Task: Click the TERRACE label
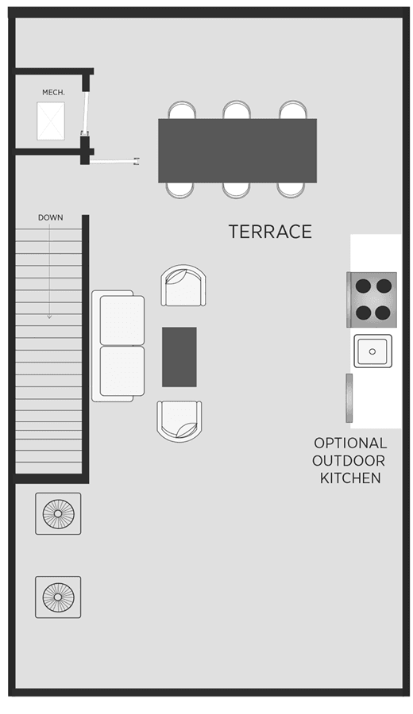[270, 232]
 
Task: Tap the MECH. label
[53, 93]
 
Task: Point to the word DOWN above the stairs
[51, 217]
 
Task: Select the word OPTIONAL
[350, 443]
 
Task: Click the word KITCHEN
[350, 478]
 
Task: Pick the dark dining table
[237, 151]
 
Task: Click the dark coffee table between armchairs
[179, 357]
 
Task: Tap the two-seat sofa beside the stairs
[118, 346]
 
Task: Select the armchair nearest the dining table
[183, 286]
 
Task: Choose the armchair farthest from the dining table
[179, 420]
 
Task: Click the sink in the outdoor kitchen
[372, 351]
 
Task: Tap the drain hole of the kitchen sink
[372, 351]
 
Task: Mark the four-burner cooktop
[372, 299]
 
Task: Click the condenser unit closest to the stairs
[58, 513]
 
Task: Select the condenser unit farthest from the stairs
[58, 597]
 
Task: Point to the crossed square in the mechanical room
[51, 121]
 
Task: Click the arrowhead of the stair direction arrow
[49, 316]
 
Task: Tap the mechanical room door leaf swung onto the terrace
[115, 160]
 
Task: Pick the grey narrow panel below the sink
[349, 398]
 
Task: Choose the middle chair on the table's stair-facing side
[237, 190]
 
